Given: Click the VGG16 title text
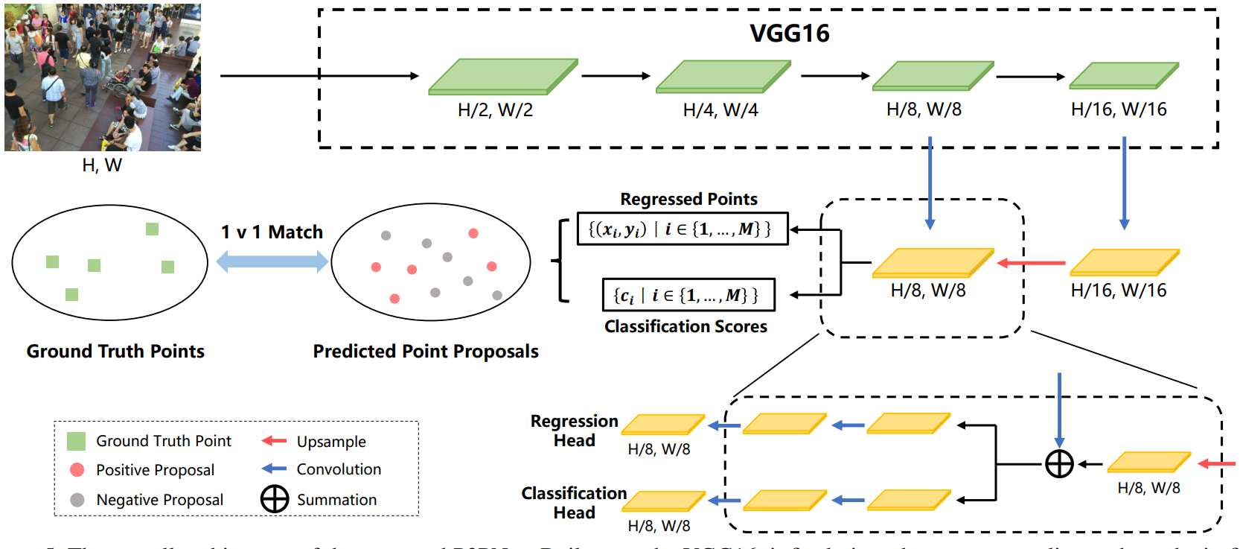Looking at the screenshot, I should [789, 34].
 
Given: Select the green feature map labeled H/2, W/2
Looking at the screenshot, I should [503, 77].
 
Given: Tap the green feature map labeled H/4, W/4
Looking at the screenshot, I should [723, 77].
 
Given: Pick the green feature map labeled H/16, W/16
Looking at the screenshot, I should [1123, 76].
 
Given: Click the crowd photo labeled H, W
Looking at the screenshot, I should [103, 77].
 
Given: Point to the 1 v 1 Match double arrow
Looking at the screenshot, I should [272, 261].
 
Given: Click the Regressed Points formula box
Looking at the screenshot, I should [683, 229].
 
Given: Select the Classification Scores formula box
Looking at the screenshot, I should [688, 295].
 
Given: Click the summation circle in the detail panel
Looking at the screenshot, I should [1059, 464].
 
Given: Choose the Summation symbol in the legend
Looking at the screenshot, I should [275, 499].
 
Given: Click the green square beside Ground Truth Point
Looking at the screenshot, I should [76, 441].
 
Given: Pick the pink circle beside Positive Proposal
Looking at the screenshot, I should [77, 470].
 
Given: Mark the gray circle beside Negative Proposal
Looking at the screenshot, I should [77, 500].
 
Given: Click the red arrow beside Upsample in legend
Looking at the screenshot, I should [274, 441].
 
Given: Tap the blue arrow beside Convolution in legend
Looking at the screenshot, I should [274, 469].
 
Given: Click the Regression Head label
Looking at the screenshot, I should [574, 431].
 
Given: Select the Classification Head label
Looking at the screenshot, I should [574, 503].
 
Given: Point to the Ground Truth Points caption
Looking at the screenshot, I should [115, 352].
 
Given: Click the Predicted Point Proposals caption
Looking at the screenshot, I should [426, 352].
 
